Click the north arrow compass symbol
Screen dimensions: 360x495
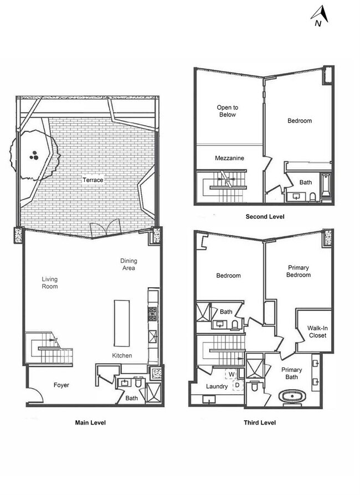coord(320,16)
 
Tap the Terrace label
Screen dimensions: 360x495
coord(92,180)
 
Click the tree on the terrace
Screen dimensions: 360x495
coord(35,155)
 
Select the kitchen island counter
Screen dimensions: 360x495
coord(121,323)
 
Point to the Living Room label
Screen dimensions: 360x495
coord(50,283)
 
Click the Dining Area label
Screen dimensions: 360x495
coord(128,264)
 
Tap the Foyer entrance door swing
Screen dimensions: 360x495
coord(35,395)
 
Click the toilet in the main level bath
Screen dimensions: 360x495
coord(138,382)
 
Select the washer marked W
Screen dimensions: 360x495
coord(232,374)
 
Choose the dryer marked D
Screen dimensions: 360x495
coord(238,385)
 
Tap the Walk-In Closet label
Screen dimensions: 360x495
coord(317,332)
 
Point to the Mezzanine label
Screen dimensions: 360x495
coord(229,158)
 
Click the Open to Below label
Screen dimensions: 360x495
coord(228,111)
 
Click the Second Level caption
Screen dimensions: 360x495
coord(265,217)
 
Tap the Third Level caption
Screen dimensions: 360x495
coord(260,423)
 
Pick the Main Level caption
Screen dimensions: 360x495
coord(90,423)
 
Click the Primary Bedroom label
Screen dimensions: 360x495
coord(298,271)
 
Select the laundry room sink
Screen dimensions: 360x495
coord(209,400)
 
